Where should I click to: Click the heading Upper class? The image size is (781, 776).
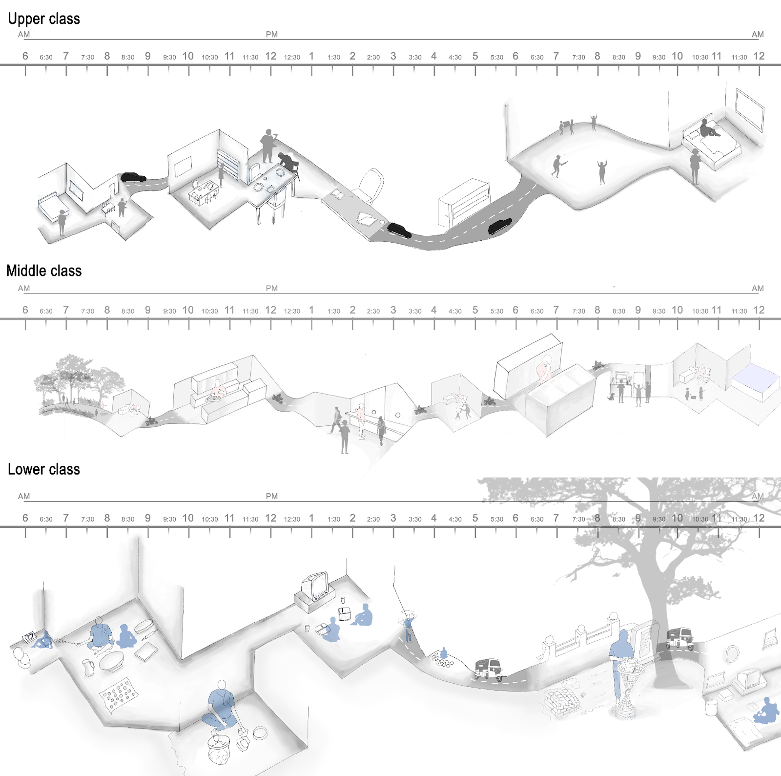click(44, 19)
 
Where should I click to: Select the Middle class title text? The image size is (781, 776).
click(44, 271)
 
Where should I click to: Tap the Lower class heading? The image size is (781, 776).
click(44, 469)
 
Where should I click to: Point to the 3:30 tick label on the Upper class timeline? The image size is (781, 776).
click(415, 57)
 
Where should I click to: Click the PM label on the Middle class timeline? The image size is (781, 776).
click(272, 289)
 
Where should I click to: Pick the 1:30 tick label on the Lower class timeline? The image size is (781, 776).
click(334, 519)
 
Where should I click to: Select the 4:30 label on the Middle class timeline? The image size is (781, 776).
click(455, 311)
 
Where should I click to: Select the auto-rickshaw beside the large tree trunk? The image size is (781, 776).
click(680, 638)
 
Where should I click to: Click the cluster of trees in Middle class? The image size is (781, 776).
click(78, 378)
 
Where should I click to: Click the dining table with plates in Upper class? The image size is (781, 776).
click(273, 183)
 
